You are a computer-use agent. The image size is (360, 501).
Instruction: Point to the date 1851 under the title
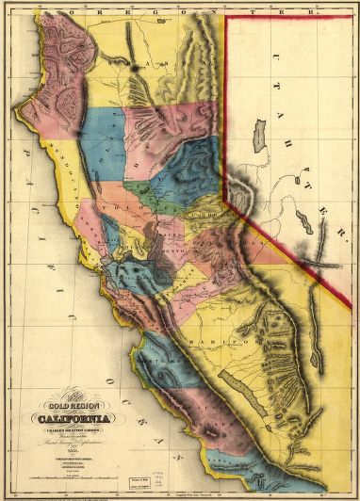pos(72,425)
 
